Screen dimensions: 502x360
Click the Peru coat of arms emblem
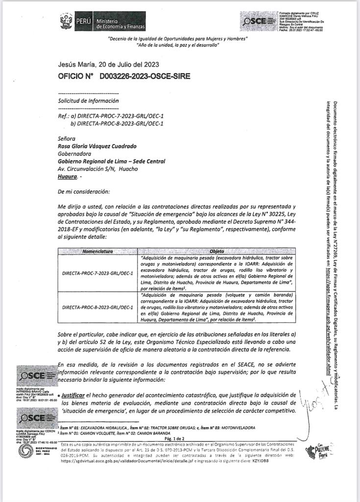[x=66, y=22]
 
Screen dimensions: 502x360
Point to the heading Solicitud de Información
[x=88, y=101]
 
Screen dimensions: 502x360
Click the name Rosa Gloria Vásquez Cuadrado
[x=97, y=146]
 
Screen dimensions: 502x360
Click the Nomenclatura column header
[x=97, y=251]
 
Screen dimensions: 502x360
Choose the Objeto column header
[x=216, y=251]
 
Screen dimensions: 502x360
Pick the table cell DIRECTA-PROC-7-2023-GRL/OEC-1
[x=98, y=272]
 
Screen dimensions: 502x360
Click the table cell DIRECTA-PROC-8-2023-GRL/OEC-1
[x=98, y=307]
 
